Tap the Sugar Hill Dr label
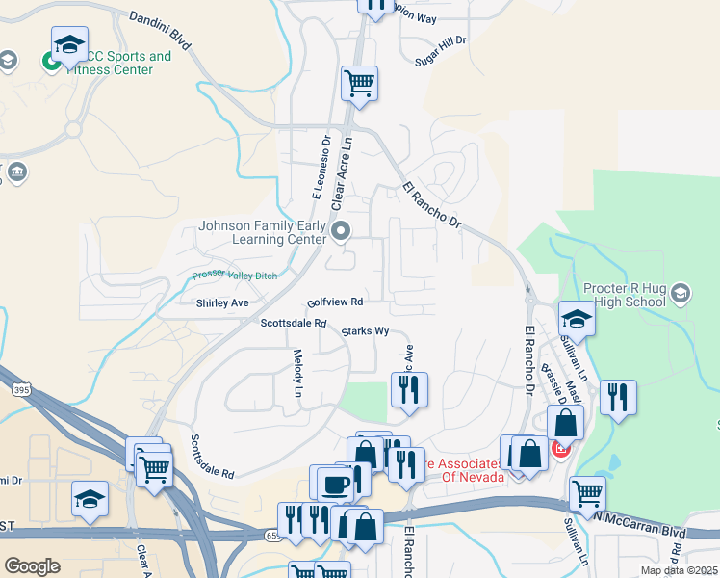click(439, 41)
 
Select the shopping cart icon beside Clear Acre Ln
click(359, 84)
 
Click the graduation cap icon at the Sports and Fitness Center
click(69, 45)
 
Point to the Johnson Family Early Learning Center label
click(262, 232)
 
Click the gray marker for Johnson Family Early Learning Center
click(341, 230)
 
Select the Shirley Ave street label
click(222, 302)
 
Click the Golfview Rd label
click(334, 302)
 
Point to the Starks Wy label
click(366, 331)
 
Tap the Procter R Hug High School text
click(625, 295)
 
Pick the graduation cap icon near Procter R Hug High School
click(577, 318)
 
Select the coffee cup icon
click(335, 484)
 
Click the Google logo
click(32, 565)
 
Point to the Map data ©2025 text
click(679, 570)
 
